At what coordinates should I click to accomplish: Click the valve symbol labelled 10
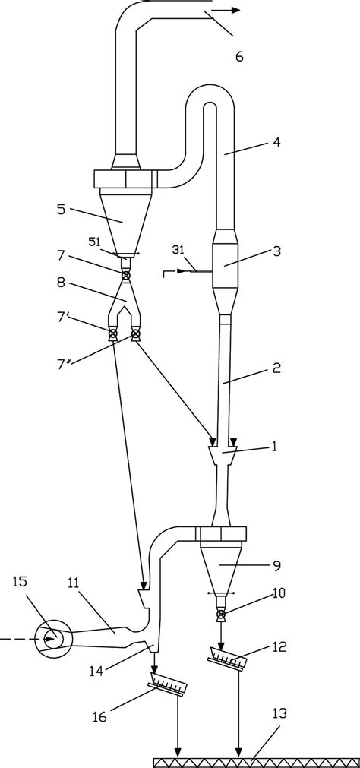[220, 613]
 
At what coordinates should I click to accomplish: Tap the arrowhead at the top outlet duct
[235, 10]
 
